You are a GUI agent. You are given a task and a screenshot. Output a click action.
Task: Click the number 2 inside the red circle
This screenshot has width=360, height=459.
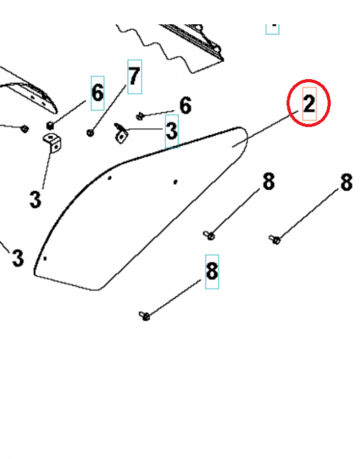308,105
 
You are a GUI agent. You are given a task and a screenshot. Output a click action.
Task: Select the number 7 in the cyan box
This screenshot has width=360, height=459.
134,76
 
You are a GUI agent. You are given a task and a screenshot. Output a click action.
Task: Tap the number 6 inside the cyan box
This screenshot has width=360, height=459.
97,93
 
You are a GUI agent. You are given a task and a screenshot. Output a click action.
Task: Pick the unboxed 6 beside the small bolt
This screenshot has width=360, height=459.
185,105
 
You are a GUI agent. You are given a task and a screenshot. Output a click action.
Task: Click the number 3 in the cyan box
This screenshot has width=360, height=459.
171,131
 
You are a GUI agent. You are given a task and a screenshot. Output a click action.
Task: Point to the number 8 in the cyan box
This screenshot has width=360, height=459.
212,271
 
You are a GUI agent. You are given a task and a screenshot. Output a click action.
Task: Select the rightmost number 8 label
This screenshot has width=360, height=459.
346,182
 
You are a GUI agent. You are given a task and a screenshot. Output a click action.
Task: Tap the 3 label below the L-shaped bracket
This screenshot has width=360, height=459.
35,199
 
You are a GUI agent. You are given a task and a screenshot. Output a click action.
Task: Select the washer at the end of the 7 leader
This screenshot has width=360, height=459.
90,133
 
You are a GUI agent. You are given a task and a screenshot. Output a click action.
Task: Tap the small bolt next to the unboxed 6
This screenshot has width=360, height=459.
140,116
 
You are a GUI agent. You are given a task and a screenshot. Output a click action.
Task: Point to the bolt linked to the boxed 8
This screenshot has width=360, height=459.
145,316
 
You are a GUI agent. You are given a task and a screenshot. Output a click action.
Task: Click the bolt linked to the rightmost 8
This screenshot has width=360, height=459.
275,240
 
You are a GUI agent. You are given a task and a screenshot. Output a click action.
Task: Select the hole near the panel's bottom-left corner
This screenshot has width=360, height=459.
45,258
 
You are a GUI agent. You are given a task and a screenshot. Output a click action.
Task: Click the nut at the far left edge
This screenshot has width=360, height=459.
24,129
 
